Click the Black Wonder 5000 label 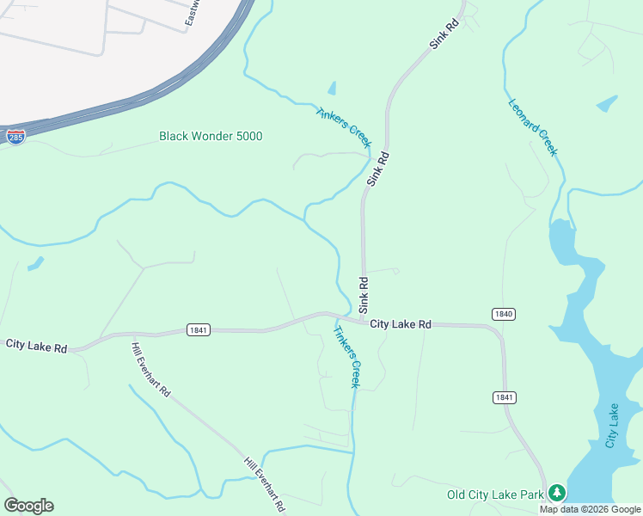pos(211,136)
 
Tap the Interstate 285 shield pos(15,136)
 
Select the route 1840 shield pos(504,314)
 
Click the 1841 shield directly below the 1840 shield pos(504,396)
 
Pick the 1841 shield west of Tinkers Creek pos(198,329)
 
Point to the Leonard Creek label pos(533,127)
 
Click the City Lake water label pos(612,425)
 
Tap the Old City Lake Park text pos(496,494)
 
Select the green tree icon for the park pos(558,493)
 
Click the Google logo pos(28,506)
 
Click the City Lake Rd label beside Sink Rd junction pos(401,324)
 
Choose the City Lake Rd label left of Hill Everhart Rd pos(36,345)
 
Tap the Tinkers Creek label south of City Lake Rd pos(346,356)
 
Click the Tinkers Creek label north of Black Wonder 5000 pos(343,126)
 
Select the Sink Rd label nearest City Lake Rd pos(364,294)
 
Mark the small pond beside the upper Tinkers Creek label pos(332,88)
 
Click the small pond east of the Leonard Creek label pos(607,103)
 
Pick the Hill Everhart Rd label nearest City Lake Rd pos(151,369)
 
